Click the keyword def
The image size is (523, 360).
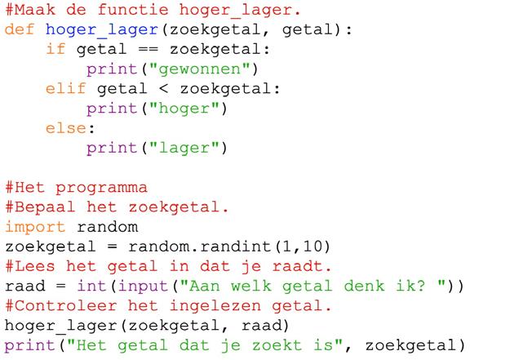[x=20, y=29]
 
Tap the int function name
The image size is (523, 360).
[x=90, y=287]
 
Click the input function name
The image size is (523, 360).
[x=135, y=287]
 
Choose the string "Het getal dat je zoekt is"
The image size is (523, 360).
[x=197, y=345]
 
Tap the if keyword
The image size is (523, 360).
[x=55, y=49]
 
